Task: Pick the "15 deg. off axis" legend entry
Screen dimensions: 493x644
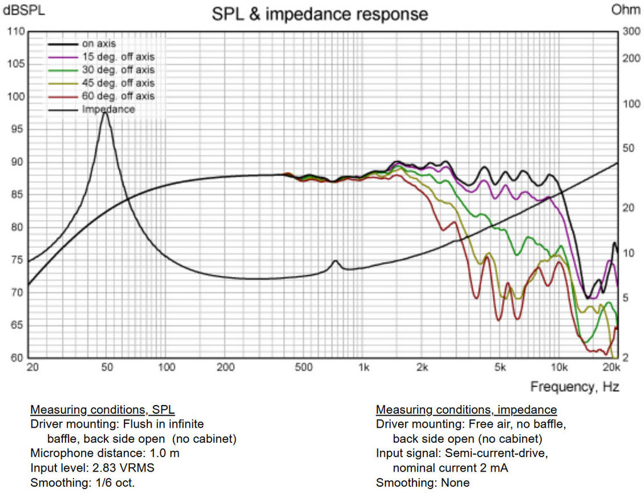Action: coord(118,57)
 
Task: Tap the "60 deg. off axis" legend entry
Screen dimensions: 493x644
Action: coord(118,96)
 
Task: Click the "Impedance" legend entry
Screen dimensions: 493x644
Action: coord(108,109)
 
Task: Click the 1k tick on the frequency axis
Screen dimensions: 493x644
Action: coord(363,367)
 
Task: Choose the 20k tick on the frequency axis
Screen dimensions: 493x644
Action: coord(611,367)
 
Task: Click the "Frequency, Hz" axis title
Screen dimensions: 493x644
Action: coord(574,386)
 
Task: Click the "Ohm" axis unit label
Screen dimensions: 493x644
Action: coord(625,9)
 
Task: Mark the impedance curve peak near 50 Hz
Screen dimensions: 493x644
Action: coord(105,112)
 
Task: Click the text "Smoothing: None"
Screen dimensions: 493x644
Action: coord(423,483)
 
